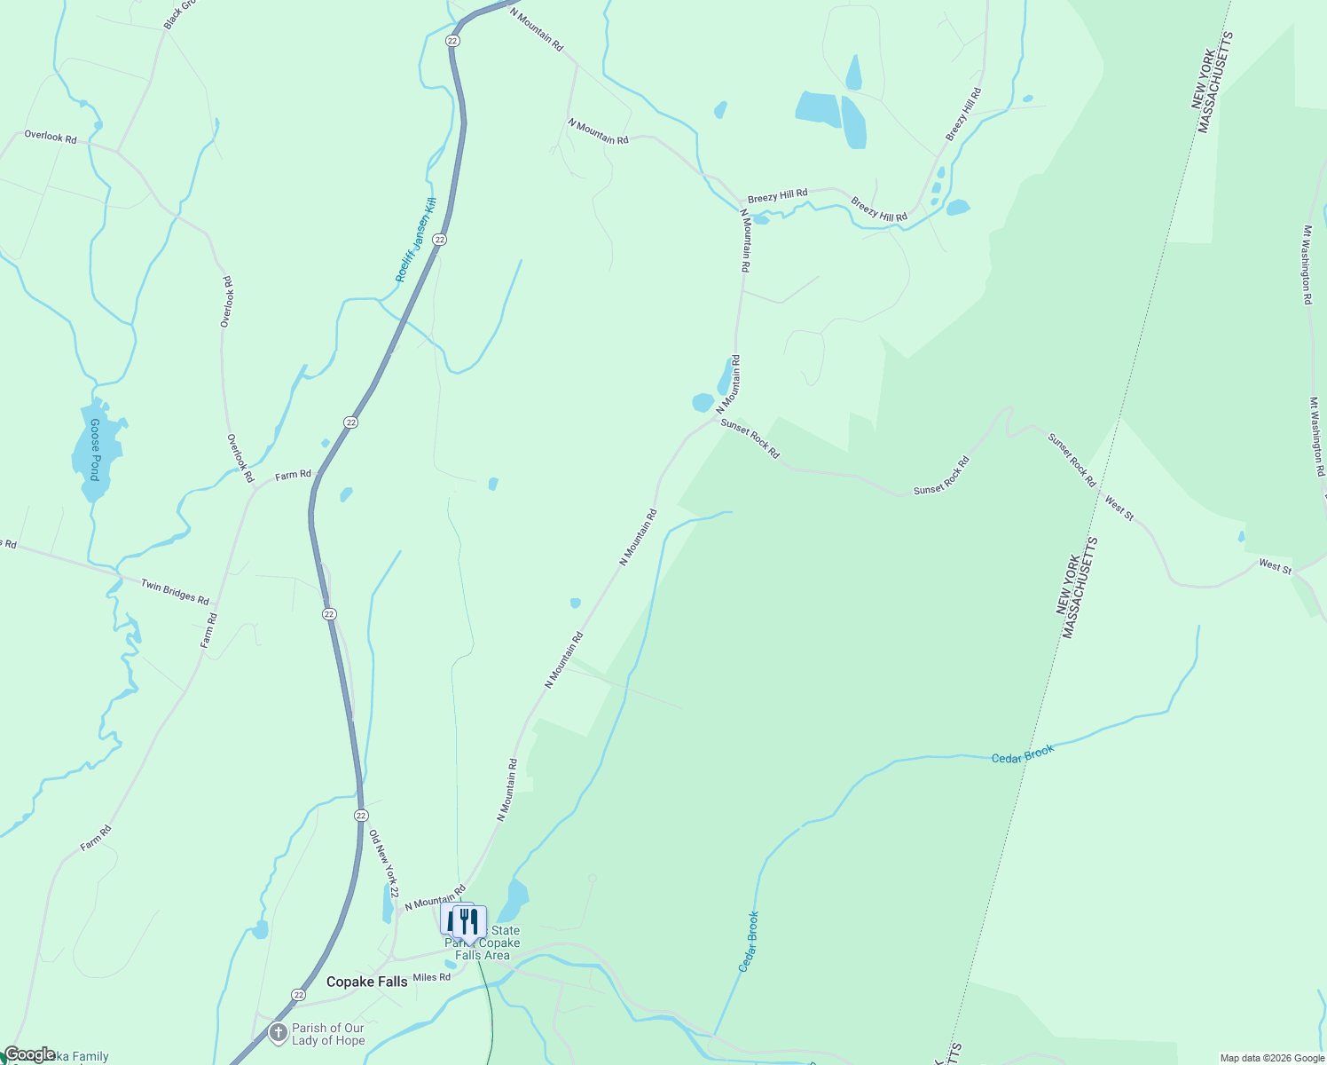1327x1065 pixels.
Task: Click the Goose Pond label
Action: pyautogui.click(x=94, y=450)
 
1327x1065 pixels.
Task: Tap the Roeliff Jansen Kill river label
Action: pyautogui.click(x=416, y=241)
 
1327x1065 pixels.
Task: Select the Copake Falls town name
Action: pyautogui.click(x=367, y=982)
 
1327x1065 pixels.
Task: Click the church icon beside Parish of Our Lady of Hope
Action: pyautogui.click(x=278, y=1033)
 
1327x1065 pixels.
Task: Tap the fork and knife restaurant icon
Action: pyautogui.click(x=469, y=920)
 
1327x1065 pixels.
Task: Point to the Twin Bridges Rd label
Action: pyautogui.click(x=175, y=591)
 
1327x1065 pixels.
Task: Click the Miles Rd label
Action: pyautogui.click(x=432, y=977)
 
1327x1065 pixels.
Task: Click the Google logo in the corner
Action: pyautogui.click(x=29, y=1054)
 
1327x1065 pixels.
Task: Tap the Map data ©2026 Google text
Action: pyautogui.click(x=1271, y=1058)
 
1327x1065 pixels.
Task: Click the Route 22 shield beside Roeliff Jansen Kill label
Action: pyautogui.click(x=440, y=240)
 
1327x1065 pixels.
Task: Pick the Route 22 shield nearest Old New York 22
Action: pyautogui.click(x=360, y=815)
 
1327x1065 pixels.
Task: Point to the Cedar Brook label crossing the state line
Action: pyautogui.click(x=1023, y=754)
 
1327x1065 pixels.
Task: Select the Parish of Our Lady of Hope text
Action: pyautogui.click(x=328, y=1034)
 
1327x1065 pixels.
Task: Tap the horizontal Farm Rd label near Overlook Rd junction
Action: pyautogui.click(x=293, y=475)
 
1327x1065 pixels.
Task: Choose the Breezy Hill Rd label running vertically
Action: pyautogui.click(x=963, y=114)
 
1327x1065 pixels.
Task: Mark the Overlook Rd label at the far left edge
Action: pyautogui.click(x=51, y=137)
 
